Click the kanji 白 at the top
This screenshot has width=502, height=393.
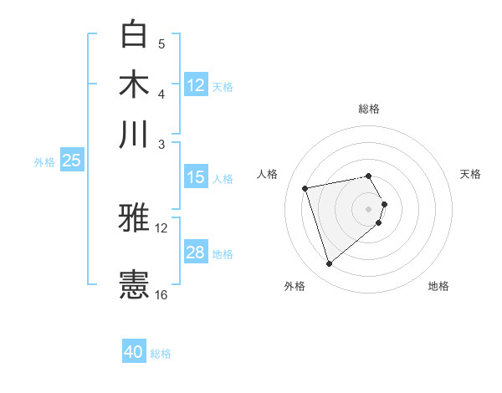[x=134, y=35]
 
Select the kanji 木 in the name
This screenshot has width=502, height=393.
[x=134, y=84]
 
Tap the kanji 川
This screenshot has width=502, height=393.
[x=134, y=133]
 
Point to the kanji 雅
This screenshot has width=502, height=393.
[x=134, y=218]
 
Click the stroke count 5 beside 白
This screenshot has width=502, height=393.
[x=161, y=44]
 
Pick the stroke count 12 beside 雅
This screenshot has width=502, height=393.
[x=161, y=227]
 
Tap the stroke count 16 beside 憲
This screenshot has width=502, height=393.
[x=161, y=294]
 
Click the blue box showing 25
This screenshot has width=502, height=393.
[x=71, y=161]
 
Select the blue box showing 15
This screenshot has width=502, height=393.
[x=195, y=177]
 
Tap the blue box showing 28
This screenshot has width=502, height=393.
[x=195, y=253]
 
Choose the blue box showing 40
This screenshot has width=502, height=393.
[x=134, y=352]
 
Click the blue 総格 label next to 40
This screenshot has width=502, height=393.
[x=161, y=354]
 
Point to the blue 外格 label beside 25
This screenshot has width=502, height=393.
[x=44, y=162]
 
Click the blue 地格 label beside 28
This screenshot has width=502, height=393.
[x=223, y=254]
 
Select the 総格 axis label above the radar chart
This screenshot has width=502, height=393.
[x=369, y=109]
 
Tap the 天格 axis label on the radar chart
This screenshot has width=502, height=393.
[x=471, y=174]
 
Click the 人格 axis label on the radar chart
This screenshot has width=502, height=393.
[x=268, y=174]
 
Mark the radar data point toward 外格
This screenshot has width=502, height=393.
[x=329, y=264]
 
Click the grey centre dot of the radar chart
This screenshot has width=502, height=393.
[x=369, y=208]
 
